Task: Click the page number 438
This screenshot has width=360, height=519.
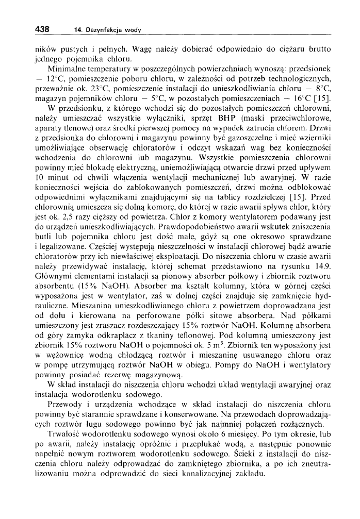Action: point(42,29)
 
